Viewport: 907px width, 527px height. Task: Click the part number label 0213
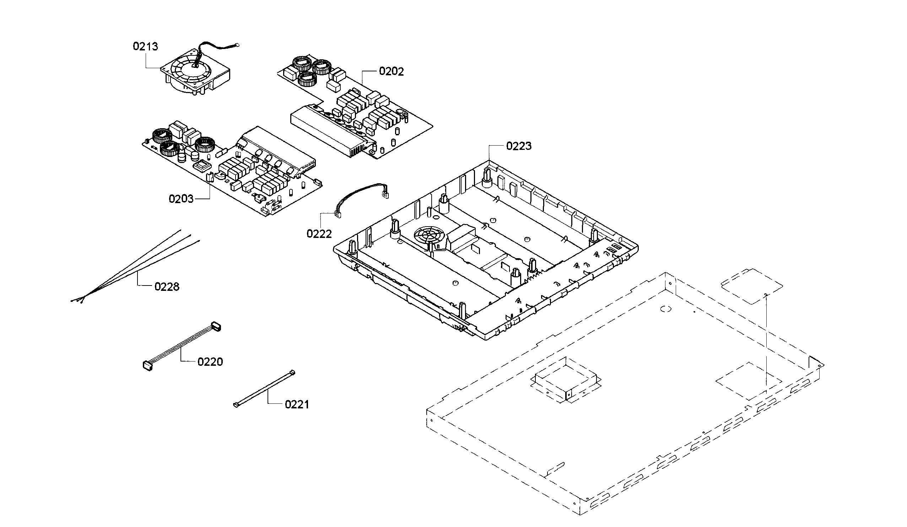coord(145,47)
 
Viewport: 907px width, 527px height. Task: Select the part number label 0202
coord(391,72)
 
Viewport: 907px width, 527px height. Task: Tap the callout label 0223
coord(519,146)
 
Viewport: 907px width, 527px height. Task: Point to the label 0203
coord(181,199)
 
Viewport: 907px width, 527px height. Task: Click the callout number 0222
coord(319,234)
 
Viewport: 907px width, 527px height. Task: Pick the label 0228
coord(167,287)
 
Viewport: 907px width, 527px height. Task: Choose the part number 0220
coord(210,362)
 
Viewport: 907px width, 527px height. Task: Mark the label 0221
coord(297,405)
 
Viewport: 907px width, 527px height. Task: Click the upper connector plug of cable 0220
coord(216,326)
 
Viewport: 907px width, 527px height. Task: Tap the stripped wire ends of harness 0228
coord(77,300)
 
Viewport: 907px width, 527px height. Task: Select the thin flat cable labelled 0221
coord(265,389)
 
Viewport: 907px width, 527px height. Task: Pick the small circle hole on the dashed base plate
coord(665,309)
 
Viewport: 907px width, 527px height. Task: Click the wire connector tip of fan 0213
coord(237,45)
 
